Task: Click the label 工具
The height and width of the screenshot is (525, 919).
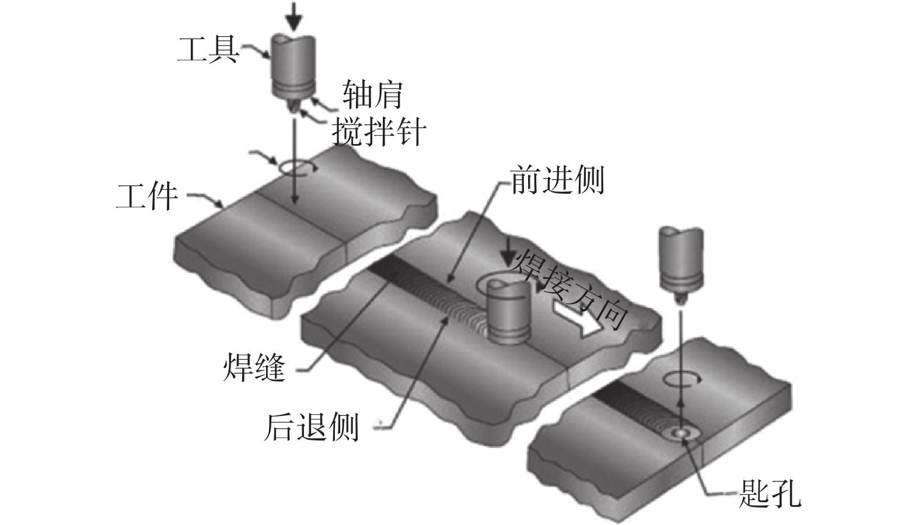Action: (x=208, y=49)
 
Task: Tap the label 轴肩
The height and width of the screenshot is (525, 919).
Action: (x=372, y=94)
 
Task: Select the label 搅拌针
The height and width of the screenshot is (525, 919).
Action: (x=379, y=132)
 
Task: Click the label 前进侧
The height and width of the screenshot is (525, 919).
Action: (x=557, y=180)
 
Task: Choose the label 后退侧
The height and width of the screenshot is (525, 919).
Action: (x=312, y=426)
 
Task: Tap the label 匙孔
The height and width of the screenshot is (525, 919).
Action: (x=770, y=494)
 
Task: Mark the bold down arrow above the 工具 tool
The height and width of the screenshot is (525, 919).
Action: (x=293, y=16)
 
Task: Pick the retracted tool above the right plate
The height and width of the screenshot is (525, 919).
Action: (x=680, y=262)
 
